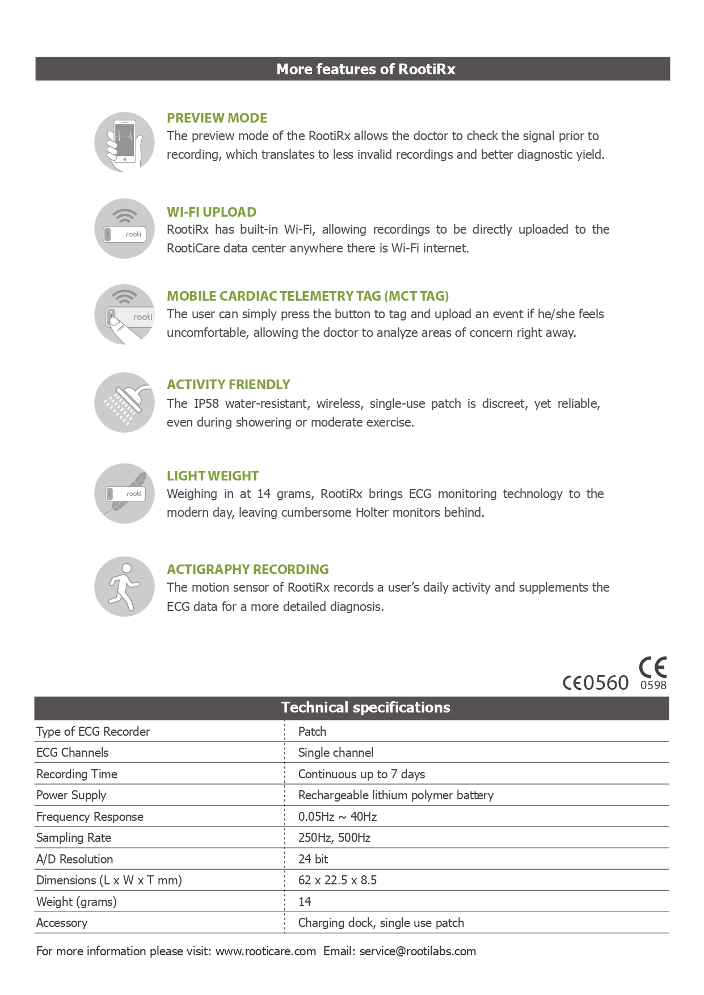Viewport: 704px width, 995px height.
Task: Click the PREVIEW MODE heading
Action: [217, 118]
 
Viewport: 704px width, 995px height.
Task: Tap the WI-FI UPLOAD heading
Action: [212, 212]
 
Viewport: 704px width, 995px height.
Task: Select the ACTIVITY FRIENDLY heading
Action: [228, 385]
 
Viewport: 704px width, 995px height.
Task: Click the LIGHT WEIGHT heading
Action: [213, 476]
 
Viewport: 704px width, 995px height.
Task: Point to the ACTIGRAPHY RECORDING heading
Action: [248, 570]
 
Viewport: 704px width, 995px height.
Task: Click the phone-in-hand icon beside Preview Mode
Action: [124, 142]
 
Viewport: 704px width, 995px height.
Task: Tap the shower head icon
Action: [124, 403]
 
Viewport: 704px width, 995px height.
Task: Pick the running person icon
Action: [124, 587]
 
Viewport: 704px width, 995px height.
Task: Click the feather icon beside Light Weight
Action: [124, 494]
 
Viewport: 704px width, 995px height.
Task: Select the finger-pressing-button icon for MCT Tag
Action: [124, 315]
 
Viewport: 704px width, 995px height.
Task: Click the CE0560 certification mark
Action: [596, 682]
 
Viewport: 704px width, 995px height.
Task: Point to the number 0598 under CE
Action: [654, 685]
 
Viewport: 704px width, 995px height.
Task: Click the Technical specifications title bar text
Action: [365, 708]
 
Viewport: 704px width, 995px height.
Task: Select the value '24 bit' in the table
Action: [313, 859]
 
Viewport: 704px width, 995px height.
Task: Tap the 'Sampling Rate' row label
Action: [74, 838]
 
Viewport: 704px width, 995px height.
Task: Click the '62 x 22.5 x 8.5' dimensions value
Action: [338, 880]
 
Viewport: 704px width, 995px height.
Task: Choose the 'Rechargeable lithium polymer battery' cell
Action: [396, 795]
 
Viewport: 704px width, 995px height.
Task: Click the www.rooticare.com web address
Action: [265, 951]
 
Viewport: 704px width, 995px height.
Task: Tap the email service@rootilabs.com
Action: [418, 951]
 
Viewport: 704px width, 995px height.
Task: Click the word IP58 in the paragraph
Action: [206, 404]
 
